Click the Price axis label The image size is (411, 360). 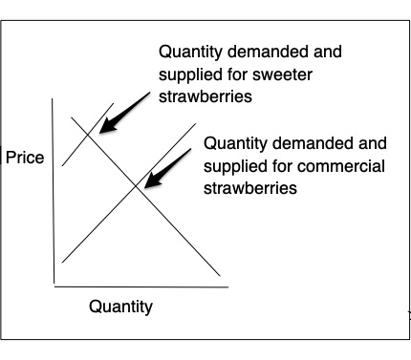point(25,158)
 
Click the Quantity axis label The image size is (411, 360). point(120,307)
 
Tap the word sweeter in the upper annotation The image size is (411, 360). point(282,74)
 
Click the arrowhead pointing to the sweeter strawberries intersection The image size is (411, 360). point(108,126)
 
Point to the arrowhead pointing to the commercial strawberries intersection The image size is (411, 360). point(152,180)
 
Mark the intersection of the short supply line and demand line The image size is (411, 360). point(88,136)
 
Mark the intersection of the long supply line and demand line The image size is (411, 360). point(137,185)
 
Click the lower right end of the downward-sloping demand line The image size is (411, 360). point(220,276)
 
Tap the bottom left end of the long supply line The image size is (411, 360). point(62,263)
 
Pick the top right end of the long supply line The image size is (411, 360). point(196,123)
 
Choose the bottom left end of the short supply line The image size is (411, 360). point(62,165)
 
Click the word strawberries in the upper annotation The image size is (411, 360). point(205,96)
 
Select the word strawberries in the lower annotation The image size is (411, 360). point(250,188)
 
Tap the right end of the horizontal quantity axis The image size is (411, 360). point(228,287)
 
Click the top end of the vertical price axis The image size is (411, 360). point(53,98)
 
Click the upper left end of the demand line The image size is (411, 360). point(71,117)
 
